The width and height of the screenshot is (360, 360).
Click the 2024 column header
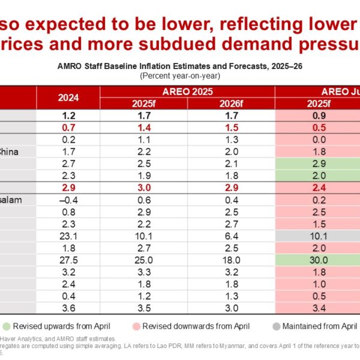(x=68, y=98)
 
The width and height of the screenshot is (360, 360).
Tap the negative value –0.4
(x=68, y=200)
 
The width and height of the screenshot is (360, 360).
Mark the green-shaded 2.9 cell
(x=317, y=163)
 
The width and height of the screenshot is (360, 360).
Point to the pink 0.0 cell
(x=317, y=139)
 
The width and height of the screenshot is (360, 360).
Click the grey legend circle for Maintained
(x=277, y=326)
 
